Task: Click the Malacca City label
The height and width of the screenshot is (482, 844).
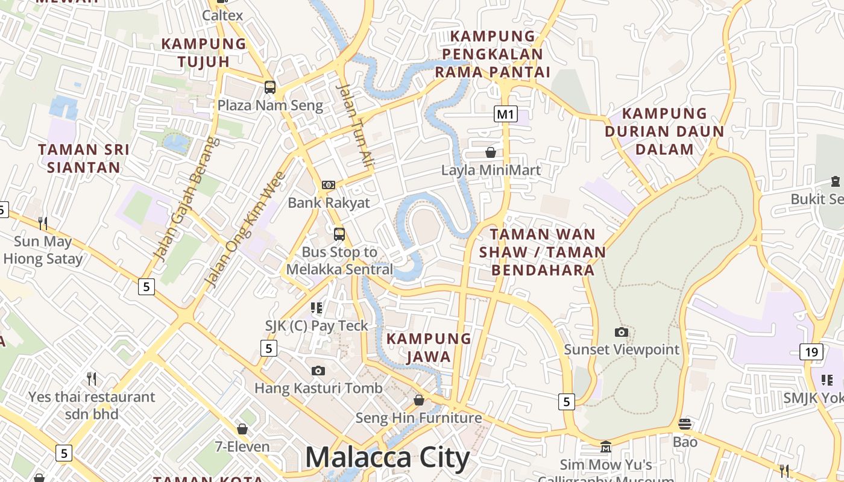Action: click(387, 458)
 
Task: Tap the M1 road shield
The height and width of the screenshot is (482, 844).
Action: click(506, 114)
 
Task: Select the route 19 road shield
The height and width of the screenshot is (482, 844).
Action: click(811, 351)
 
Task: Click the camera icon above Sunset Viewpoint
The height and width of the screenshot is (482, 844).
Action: click(621, 332)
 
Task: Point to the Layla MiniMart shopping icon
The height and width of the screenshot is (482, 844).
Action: click(491, 152)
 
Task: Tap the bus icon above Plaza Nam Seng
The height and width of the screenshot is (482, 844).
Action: click(270, 87)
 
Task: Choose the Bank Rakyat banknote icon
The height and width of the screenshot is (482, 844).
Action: click(329, 185)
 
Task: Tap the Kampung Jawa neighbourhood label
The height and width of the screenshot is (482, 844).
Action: click(429, 348)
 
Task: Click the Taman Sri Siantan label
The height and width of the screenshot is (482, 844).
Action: click(84, 158)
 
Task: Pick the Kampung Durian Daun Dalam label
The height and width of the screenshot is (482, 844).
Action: click(664, 131)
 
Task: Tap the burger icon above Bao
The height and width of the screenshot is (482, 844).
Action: click(685, 424)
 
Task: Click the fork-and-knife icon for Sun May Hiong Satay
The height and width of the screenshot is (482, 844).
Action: click(43, 224)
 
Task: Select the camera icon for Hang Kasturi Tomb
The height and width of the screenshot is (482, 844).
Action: click(318, 371)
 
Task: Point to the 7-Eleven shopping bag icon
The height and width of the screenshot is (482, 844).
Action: click(242, 429)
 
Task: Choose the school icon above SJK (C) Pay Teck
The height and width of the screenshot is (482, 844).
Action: click(316, 308)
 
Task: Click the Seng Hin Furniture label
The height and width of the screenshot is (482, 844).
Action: click(418, 418)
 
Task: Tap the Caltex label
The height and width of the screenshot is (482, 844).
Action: click(222, 15)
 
